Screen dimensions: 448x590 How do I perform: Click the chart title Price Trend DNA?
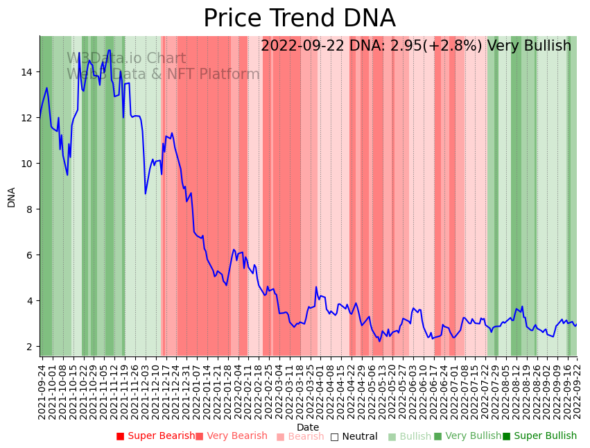299,19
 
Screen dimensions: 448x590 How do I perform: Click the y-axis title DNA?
11,197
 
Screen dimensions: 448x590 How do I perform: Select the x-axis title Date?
308,427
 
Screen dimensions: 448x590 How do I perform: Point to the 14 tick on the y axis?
27,72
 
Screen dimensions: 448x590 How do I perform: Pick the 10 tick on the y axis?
27,164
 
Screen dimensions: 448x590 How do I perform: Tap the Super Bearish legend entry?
156,436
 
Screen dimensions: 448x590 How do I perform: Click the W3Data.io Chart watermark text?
126,59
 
